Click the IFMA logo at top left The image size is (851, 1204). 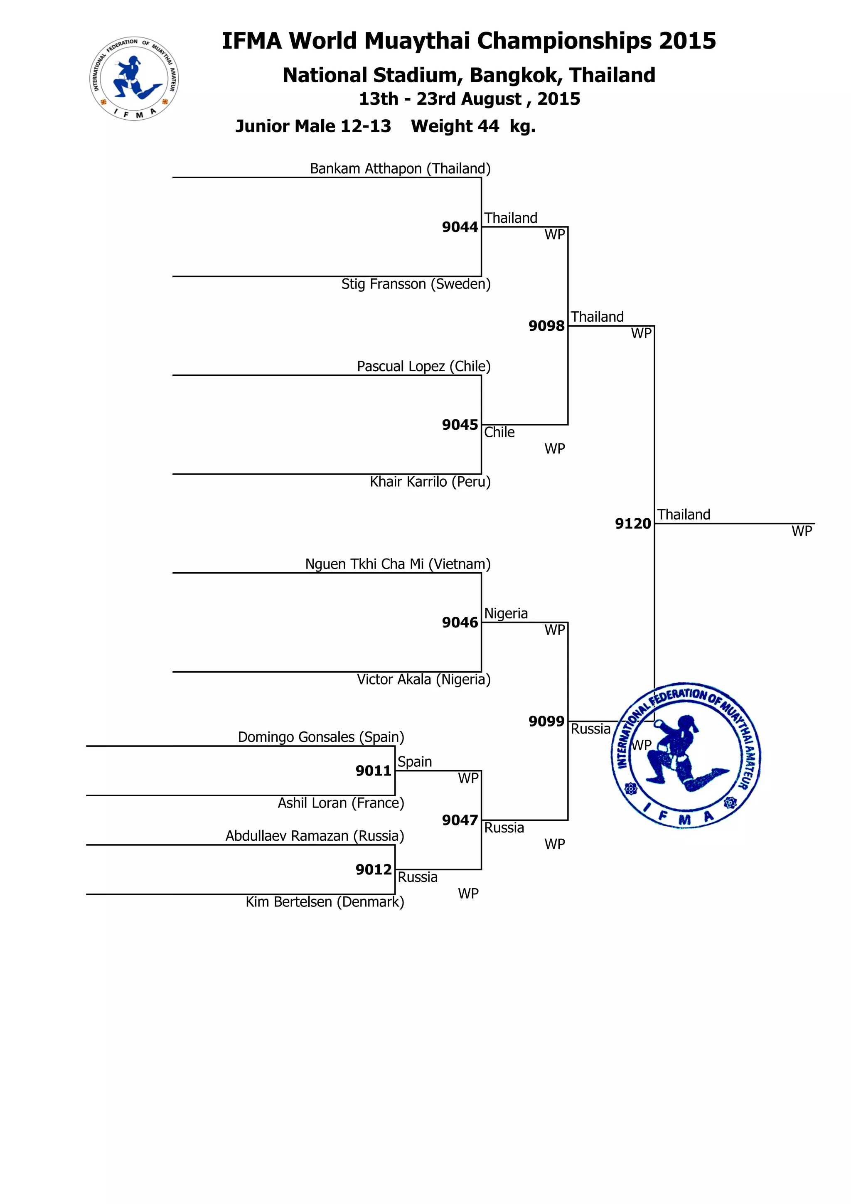tap(134, 79)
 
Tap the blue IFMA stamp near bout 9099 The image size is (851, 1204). tap(686, 755)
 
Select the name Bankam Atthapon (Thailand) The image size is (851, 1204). tap(400, 169)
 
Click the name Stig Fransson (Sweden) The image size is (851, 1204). tap(416, 284)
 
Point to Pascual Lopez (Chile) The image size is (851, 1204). tap(424, 367)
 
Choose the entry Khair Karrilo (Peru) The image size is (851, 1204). tap(430, 482)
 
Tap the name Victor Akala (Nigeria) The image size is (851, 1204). tap(424, 680)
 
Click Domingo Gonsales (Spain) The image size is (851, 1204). tap(321, 737)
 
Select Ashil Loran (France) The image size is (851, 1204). tap(341, 803)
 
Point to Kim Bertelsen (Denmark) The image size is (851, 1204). tap(325, 902)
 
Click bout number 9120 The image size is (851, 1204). tap(633, 524)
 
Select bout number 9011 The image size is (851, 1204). tap(373, 771)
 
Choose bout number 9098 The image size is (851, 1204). tap(546, 326)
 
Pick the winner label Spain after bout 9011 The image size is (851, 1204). tap(415, 762)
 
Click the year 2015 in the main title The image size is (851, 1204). tap(687, 41)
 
